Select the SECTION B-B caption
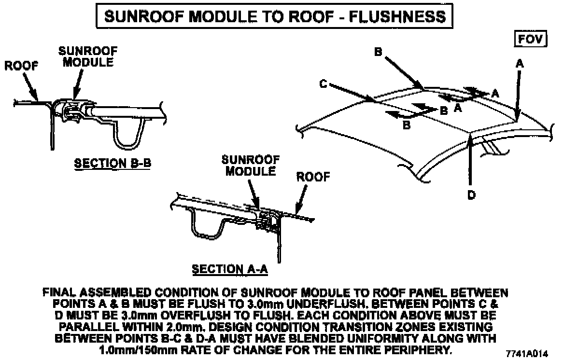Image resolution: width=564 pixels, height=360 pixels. (112, 163)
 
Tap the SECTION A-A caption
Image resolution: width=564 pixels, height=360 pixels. (230, 269)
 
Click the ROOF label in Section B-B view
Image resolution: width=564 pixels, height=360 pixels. (21, 66)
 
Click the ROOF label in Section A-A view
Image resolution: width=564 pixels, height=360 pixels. (313, 177)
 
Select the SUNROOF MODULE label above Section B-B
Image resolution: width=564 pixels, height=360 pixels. (88, 56)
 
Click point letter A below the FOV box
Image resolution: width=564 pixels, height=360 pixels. (520, 63)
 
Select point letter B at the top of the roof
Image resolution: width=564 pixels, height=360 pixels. (379, 52)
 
